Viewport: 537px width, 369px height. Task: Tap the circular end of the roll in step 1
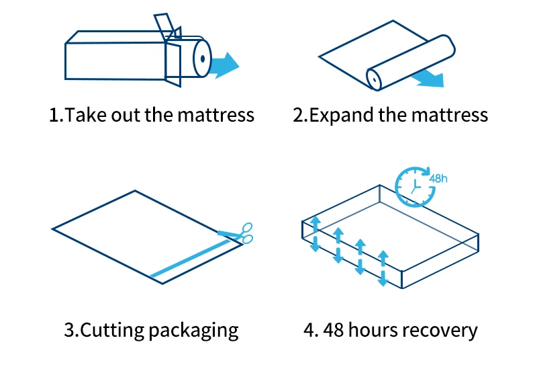point(201,58)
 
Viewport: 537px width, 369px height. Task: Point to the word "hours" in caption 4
point(372,330)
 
